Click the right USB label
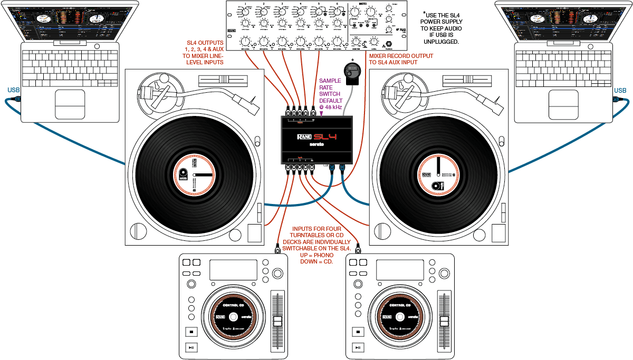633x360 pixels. [x=620, y=90]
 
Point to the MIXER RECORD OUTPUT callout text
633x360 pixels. [x=401, y=59]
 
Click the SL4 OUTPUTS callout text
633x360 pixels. [x=205, y=53]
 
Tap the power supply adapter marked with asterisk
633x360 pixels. [x=352, y=73]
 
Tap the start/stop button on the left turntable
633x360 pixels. [x=139, y=231]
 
